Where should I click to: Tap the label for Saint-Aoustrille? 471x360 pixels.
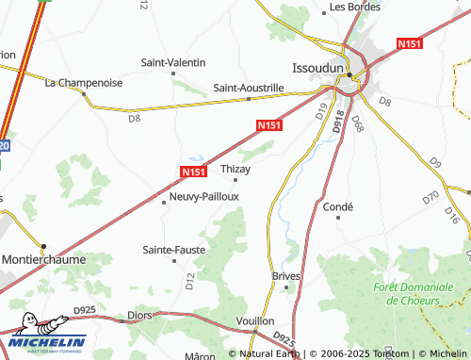[x=249, y=88]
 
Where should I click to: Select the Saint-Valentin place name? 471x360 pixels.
[x=173, y=62]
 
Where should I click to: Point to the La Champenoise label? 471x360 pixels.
[x=84, y=83]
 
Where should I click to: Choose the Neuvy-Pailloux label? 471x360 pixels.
[x=204, y=197]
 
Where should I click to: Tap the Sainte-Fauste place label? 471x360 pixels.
[x=173, y=250]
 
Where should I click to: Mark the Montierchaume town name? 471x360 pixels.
[x=43, y=258]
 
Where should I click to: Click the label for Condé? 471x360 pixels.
[x=337, y=207]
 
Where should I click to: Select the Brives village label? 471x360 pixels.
[x=285, y=276]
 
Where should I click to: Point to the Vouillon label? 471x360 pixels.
[x=255, y=321]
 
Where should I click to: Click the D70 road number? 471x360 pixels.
[x=430, y=198]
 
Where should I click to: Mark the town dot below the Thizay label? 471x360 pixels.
[x=235, y=179]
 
